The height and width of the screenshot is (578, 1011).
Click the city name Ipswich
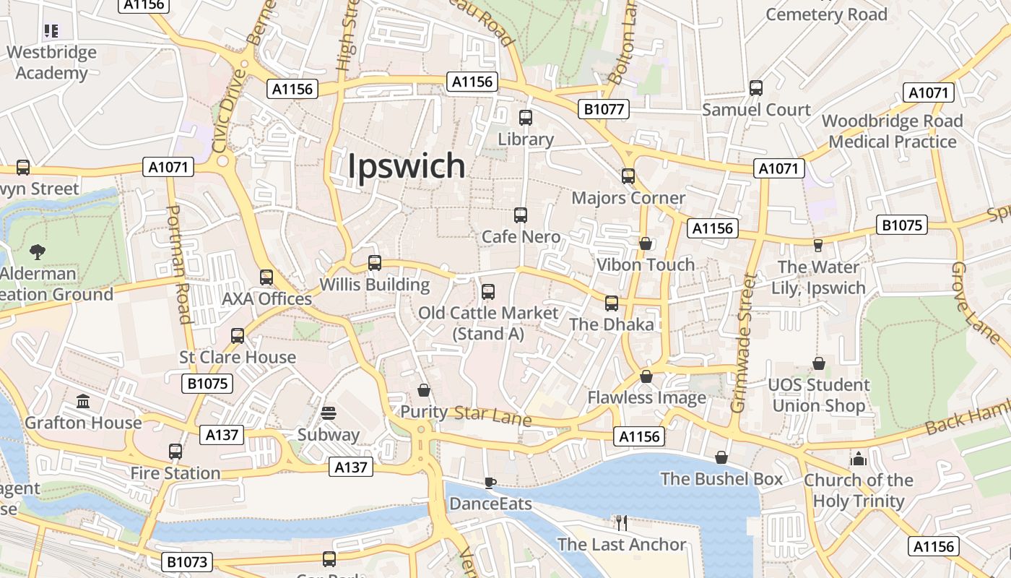(407, 166)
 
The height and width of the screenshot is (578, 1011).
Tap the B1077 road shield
(604, 109)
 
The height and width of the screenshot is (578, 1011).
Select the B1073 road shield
(187, 561)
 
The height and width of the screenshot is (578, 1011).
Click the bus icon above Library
(526, 117)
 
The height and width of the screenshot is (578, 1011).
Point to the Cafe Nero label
(521, 236)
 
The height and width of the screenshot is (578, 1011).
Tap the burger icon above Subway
(329, 413)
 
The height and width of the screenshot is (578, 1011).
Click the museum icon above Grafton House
(83, 401)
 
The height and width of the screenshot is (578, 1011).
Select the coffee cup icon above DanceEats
(490, 483)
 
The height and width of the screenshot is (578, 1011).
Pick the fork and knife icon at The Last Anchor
(621, 522)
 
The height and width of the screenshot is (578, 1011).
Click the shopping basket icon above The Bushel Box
(721, 457)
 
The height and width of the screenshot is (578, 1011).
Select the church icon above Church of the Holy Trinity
(858, 458)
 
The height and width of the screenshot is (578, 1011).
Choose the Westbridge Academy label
(51, 62)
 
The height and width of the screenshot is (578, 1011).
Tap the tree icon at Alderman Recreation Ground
(37, 251)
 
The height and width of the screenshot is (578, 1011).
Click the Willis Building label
(375, 285)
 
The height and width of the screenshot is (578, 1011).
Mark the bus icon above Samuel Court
(756, 88)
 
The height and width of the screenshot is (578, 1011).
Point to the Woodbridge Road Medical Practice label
(893, 131)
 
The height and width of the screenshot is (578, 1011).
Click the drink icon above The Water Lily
(818, 246)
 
